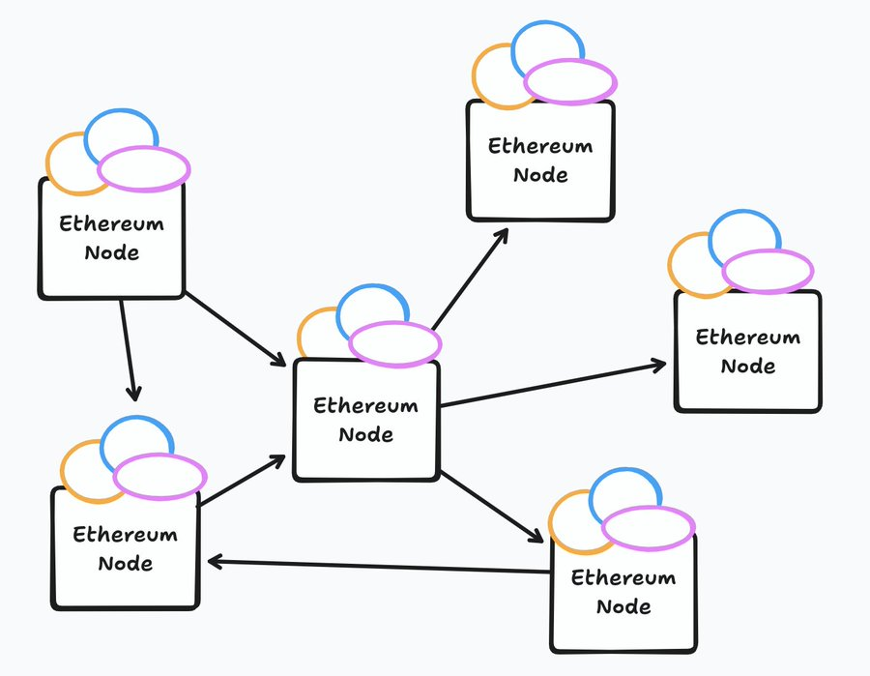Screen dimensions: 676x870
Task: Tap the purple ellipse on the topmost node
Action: point(570,82)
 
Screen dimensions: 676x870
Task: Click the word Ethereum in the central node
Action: point(365,405)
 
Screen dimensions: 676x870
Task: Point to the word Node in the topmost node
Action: point(540,175)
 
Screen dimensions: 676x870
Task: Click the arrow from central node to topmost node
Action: point(470,279)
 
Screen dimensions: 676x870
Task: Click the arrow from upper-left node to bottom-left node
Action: point(128,349)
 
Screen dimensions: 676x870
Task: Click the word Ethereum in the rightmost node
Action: point(748,338)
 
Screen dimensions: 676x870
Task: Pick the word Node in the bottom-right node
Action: point(623,607)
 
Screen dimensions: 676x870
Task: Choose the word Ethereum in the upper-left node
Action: point(111,224)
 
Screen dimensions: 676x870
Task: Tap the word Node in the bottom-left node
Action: point(125,563)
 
